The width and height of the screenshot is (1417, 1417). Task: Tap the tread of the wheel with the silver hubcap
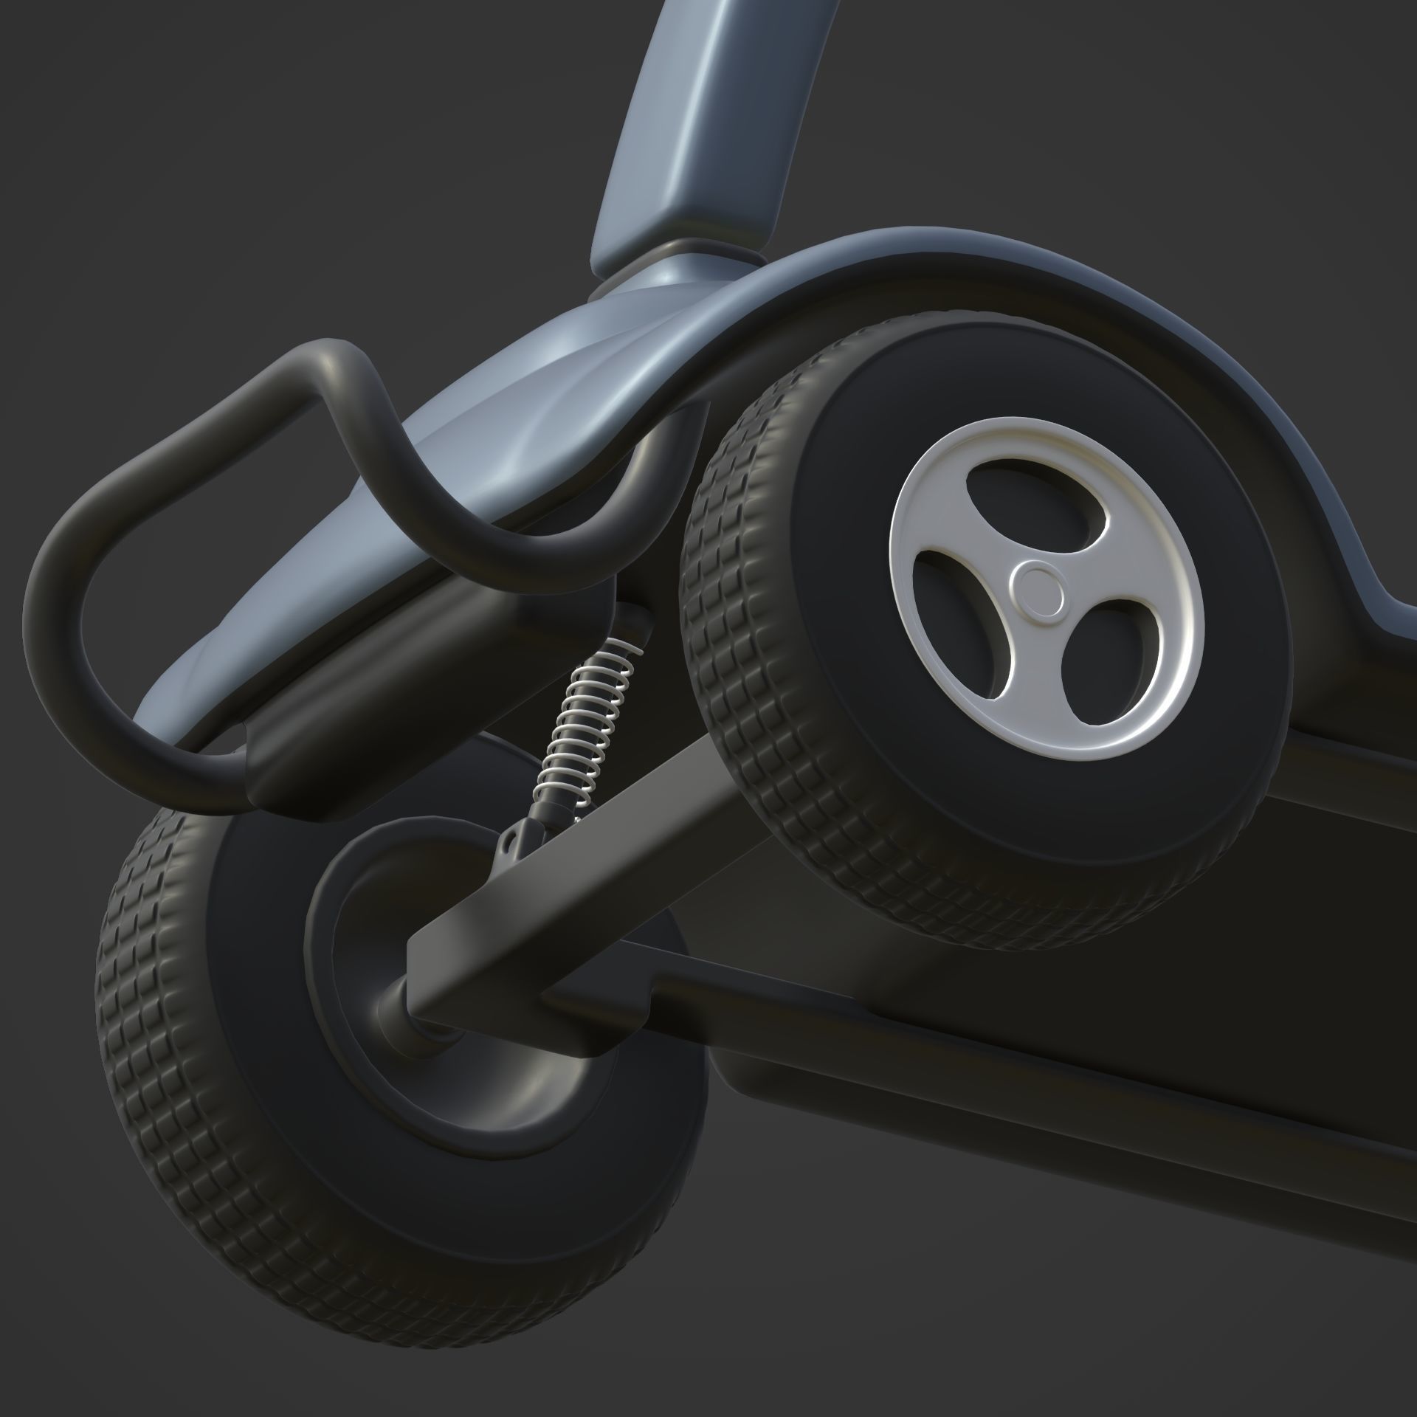pyautogui.click(x=731, y=664)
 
